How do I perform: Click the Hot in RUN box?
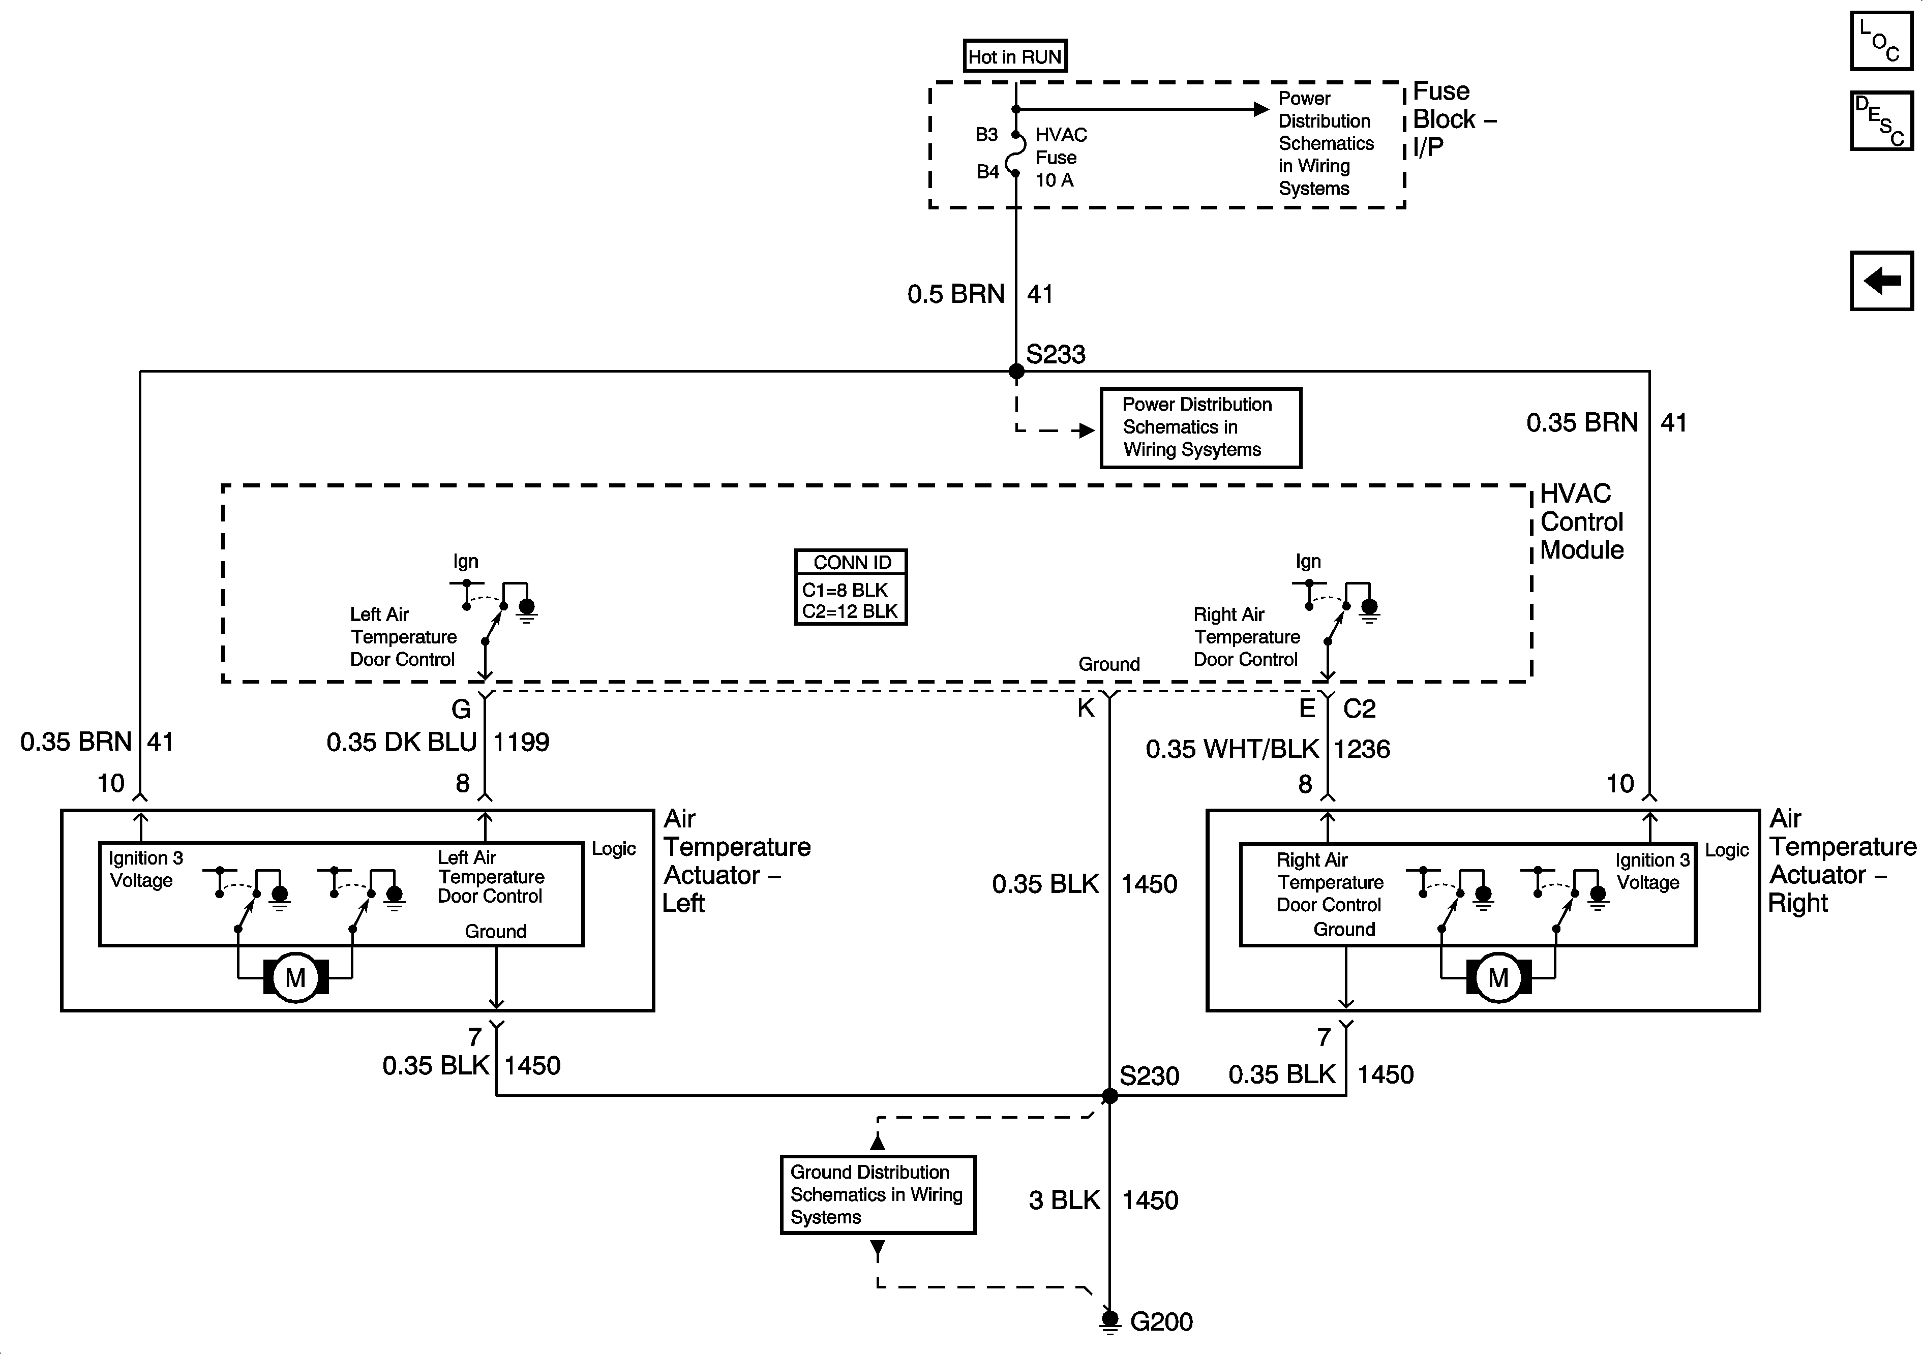coord(1015,56)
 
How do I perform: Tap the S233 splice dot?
coord(1016,371)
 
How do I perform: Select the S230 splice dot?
coord(1110,1096)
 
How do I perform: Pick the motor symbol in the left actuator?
coord(295,977)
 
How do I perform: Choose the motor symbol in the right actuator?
coord(1498,977)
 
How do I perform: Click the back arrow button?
coord(1882,281)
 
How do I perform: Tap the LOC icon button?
coord(1882,40)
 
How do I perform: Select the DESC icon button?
coord(1882,120)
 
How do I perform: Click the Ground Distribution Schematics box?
coord(878,1195)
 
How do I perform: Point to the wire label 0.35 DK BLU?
coord(401,742)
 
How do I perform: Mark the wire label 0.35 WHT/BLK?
coord(1232,749)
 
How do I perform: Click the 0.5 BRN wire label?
coord(955,294)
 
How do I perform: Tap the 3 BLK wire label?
coord(1064,1200)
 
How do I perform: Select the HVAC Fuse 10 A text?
coord(1061,158)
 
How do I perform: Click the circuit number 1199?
coord(521,742)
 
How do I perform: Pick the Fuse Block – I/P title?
coord(1455,119)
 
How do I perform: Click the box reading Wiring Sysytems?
coord(1200,427)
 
